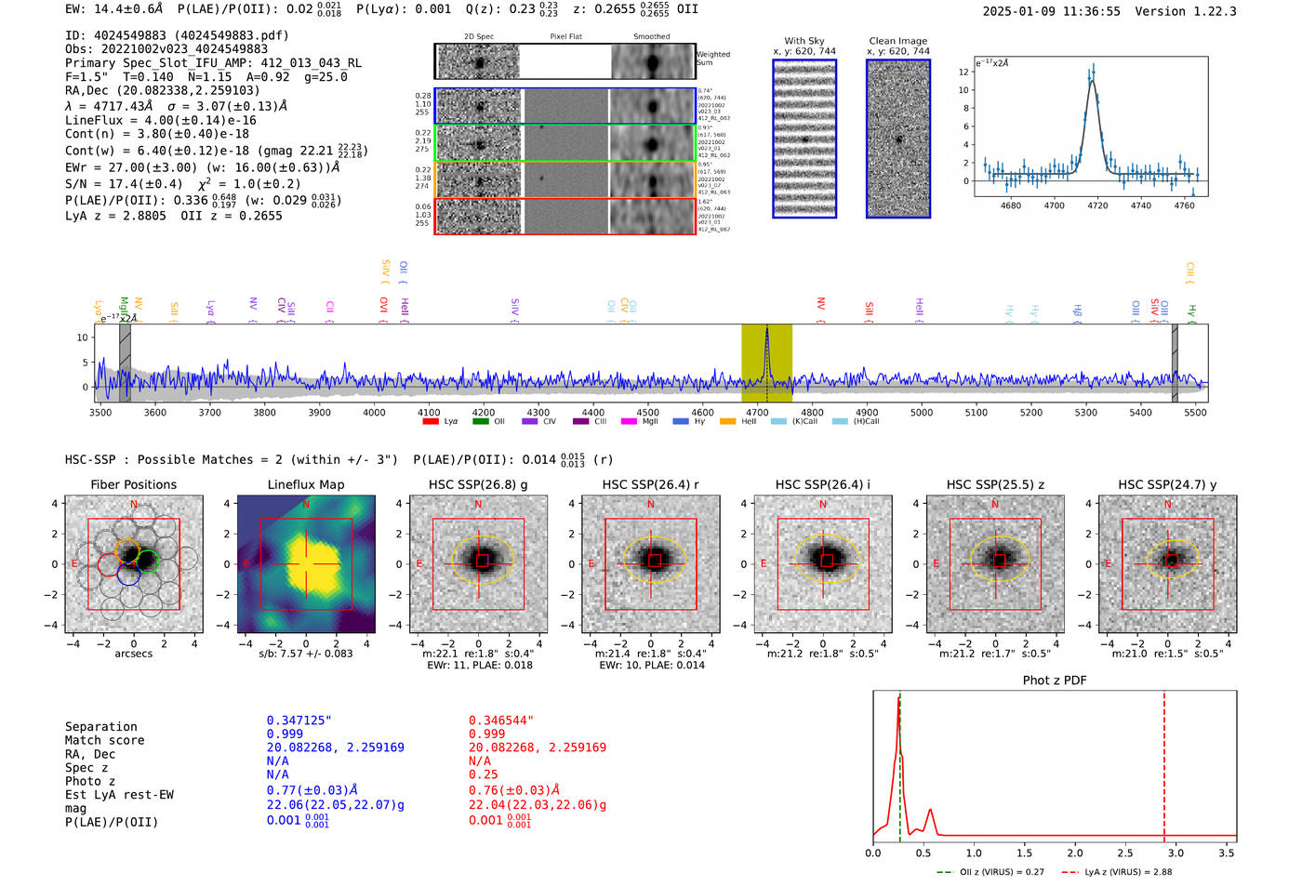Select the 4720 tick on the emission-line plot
coord(1097,205)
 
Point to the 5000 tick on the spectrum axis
coord(922,412)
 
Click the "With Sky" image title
coord(804,41)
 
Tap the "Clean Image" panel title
coord(898,41)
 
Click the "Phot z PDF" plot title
coord(1055,681)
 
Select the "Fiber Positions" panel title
coord(133,484)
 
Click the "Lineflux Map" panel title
coord(306,484)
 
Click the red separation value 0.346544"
coord(501,721)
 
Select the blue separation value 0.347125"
coord(299,721)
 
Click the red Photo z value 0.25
coord(483,774)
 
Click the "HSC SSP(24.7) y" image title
coord(1167,484)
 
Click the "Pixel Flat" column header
coord(565,36)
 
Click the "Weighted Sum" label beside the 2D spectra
coord(713,59)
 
